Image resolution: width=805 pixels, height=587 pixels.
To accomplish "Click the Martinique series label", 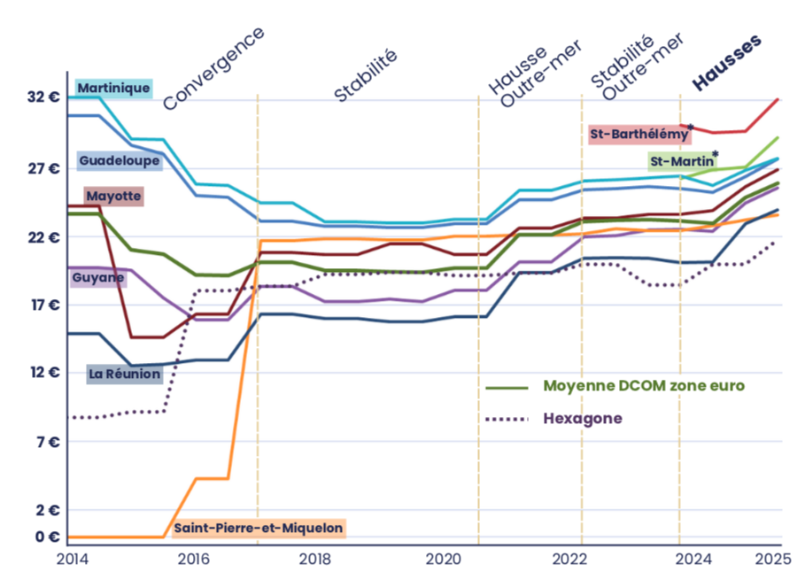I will click(113, 88).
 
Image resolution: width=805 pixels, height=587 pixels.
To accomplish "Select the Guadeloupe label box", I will click(119, 161).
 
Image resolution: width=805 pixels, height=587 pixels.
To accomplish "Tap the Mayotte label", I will click(113, 196).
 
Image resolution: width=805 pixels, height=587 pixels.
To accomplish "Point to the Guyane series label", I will click(98, 278).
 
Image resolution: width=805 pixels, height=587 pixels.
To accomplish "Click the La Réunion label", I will click(125, 375).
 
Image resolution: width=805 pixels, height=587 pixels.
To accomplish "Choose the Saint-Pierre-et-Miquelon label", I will click(258, 529).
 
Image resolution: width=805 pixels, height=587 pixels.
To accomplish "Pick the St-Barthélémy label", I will click(639, 135).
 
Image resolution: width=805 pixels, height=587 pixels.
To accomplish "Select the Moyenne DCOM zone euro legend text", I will click(644, 387).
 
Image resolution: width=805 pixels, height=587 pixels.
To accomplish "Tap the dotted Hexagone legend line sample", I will click(507, 419).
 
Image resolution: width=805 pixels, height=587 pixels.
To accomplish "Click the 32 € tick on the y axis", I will click(43, 97).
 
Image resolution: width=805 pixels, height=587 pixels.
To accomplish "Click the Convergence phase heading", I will click(213, 67).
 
